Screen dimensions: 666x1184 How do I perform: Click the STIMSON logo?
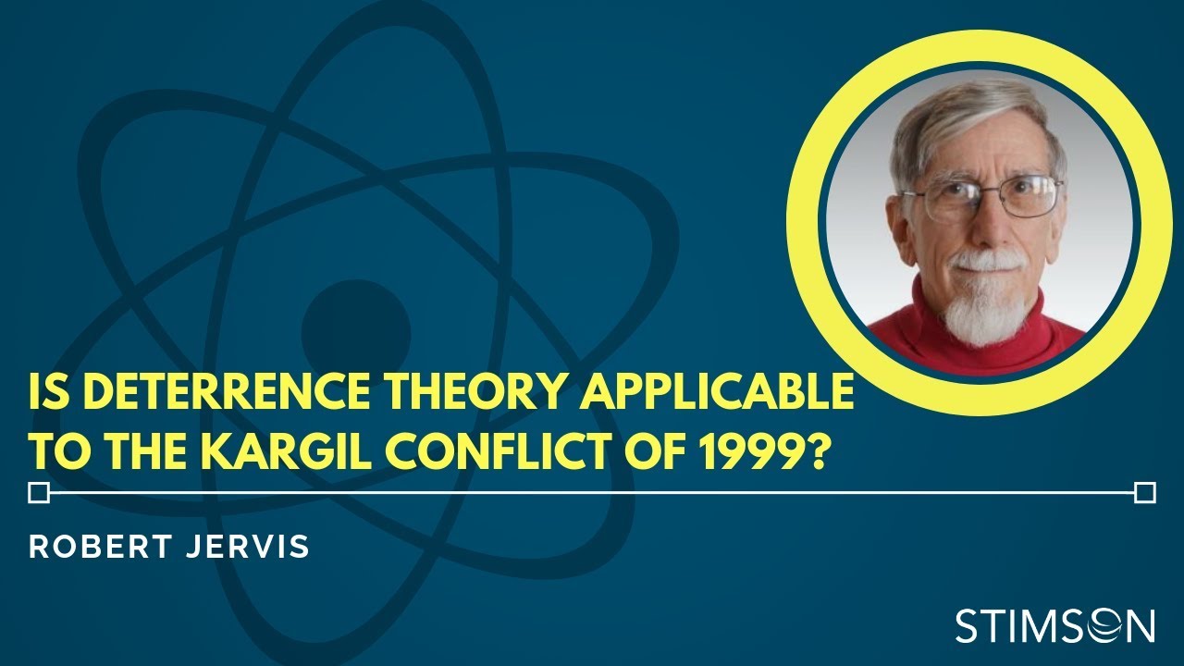click(x=1054, y=626)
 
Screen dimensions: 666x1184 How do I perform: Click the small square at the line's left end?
click(x=39, y=493)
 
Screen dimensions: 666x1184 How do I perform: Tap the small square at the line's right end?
click(x=1144, y=493)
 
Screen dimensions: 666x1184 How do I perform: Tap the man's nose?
click(x=984, y=222)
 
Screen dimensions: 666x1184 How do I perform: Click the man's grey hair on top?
click(x=971, y=116)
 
